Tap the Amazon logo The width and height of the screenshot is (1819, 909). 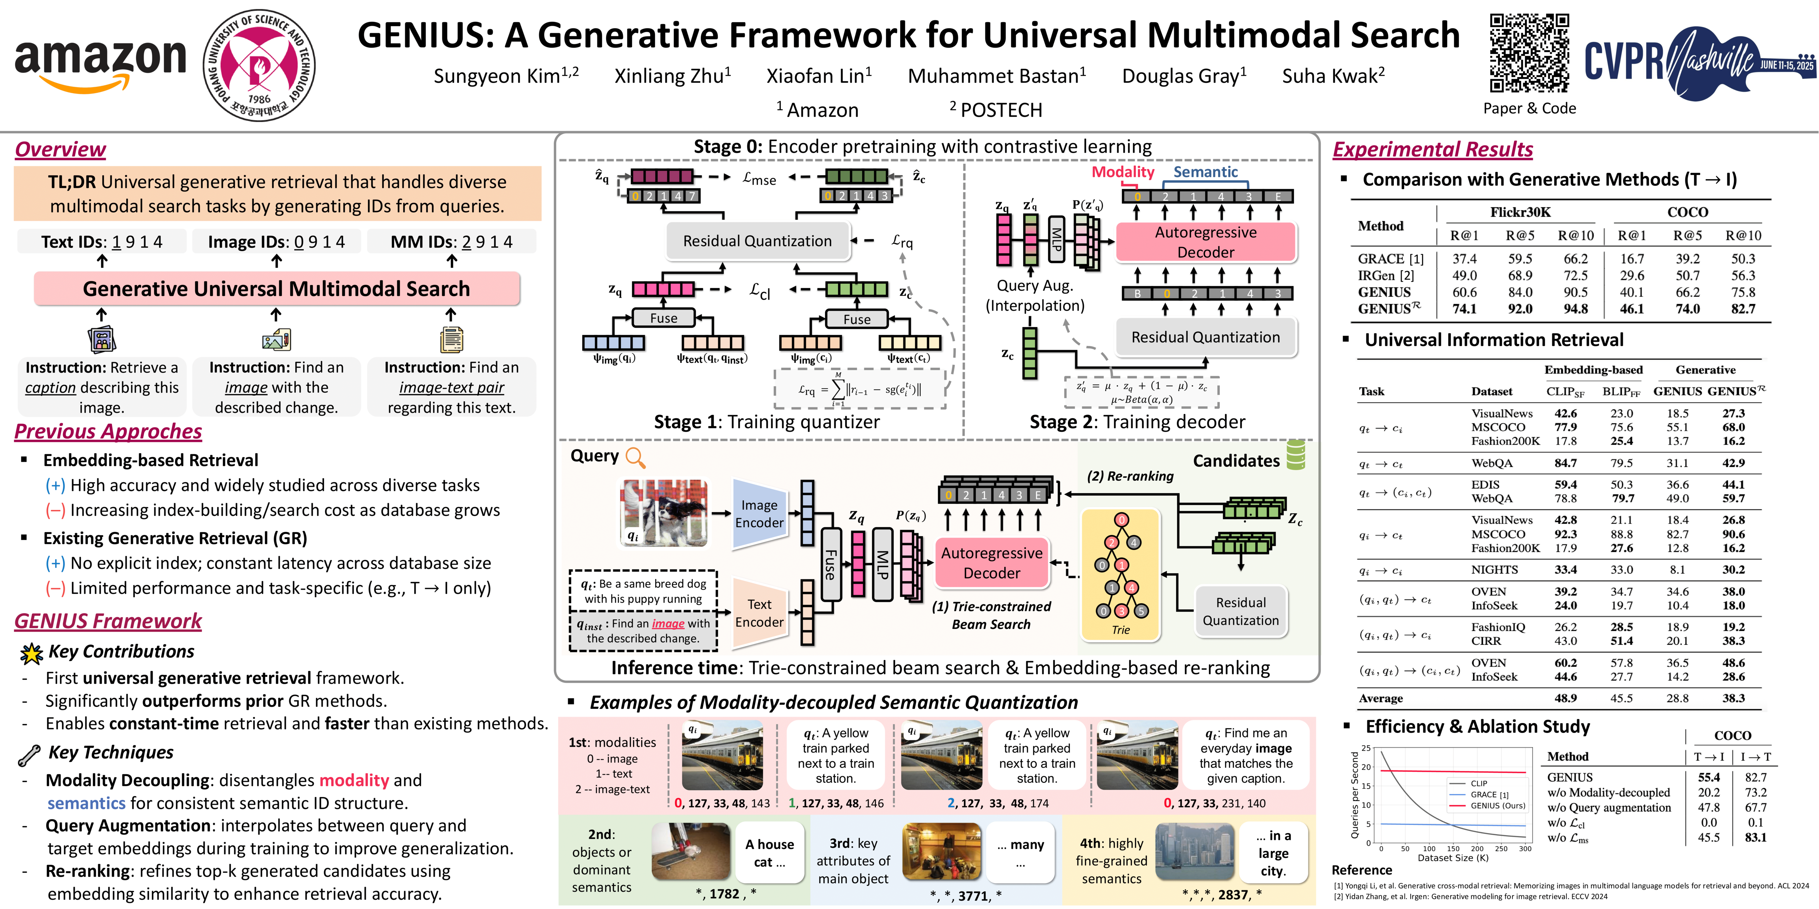100,64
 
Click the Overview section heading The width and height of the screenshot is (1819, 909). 61,149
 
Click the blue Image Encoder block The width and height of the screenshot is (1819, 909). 759,514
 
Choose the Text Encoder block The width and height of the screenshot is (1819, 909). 759,613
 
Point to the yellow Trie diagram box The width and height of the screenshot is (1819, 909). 1121,575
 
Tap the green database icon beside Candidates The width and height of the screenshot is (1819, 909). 1296,455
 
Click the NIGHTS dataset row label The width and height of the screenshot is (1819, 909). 1494,570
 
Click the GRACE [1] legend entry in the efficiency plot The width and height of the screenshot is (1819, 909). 1490,795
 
